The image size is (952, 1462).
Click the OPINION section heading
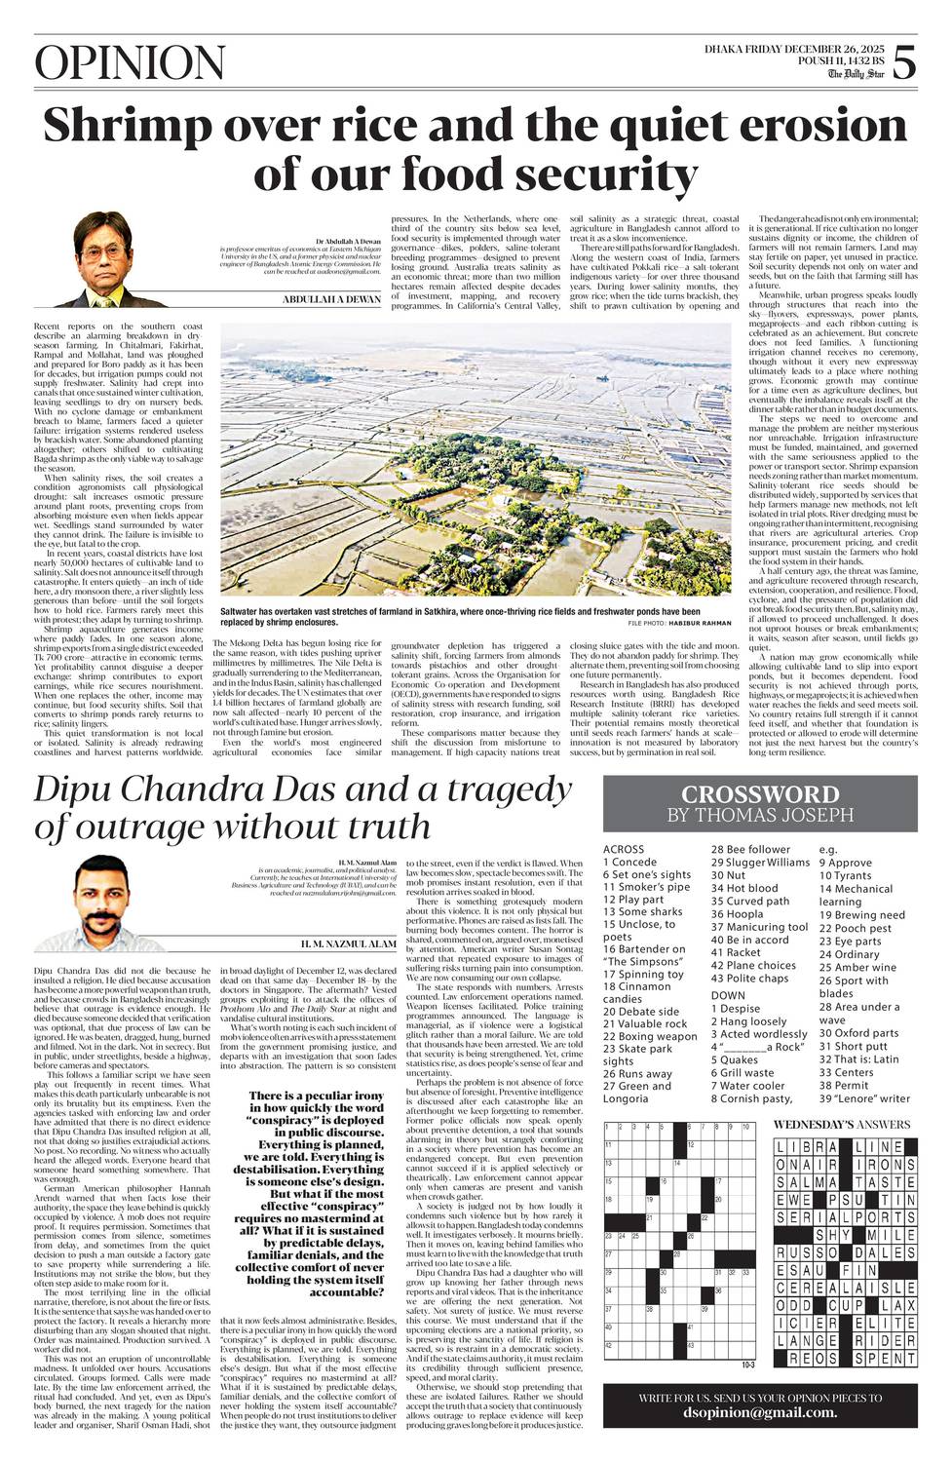tap(115, 64)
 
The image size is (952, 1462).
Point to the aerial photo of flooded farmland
tap(476, 458)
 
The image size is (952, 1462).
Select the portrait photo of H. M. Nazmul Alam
tap(108, 902)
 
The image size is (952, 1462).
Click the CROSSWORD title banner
tap(759, 793)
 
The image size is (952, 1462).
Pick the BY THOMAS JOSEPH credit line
tap(759, 814)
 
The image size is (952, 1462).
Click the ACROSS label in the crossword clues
tap(624, 849)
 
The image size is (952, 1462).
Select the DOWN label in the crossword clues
tap(728, 995)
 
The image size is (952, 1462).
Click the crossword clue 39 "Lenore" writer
tap(864, 1098)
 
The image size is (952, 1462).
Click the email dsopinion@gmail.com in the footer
tap(759, 1412)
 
